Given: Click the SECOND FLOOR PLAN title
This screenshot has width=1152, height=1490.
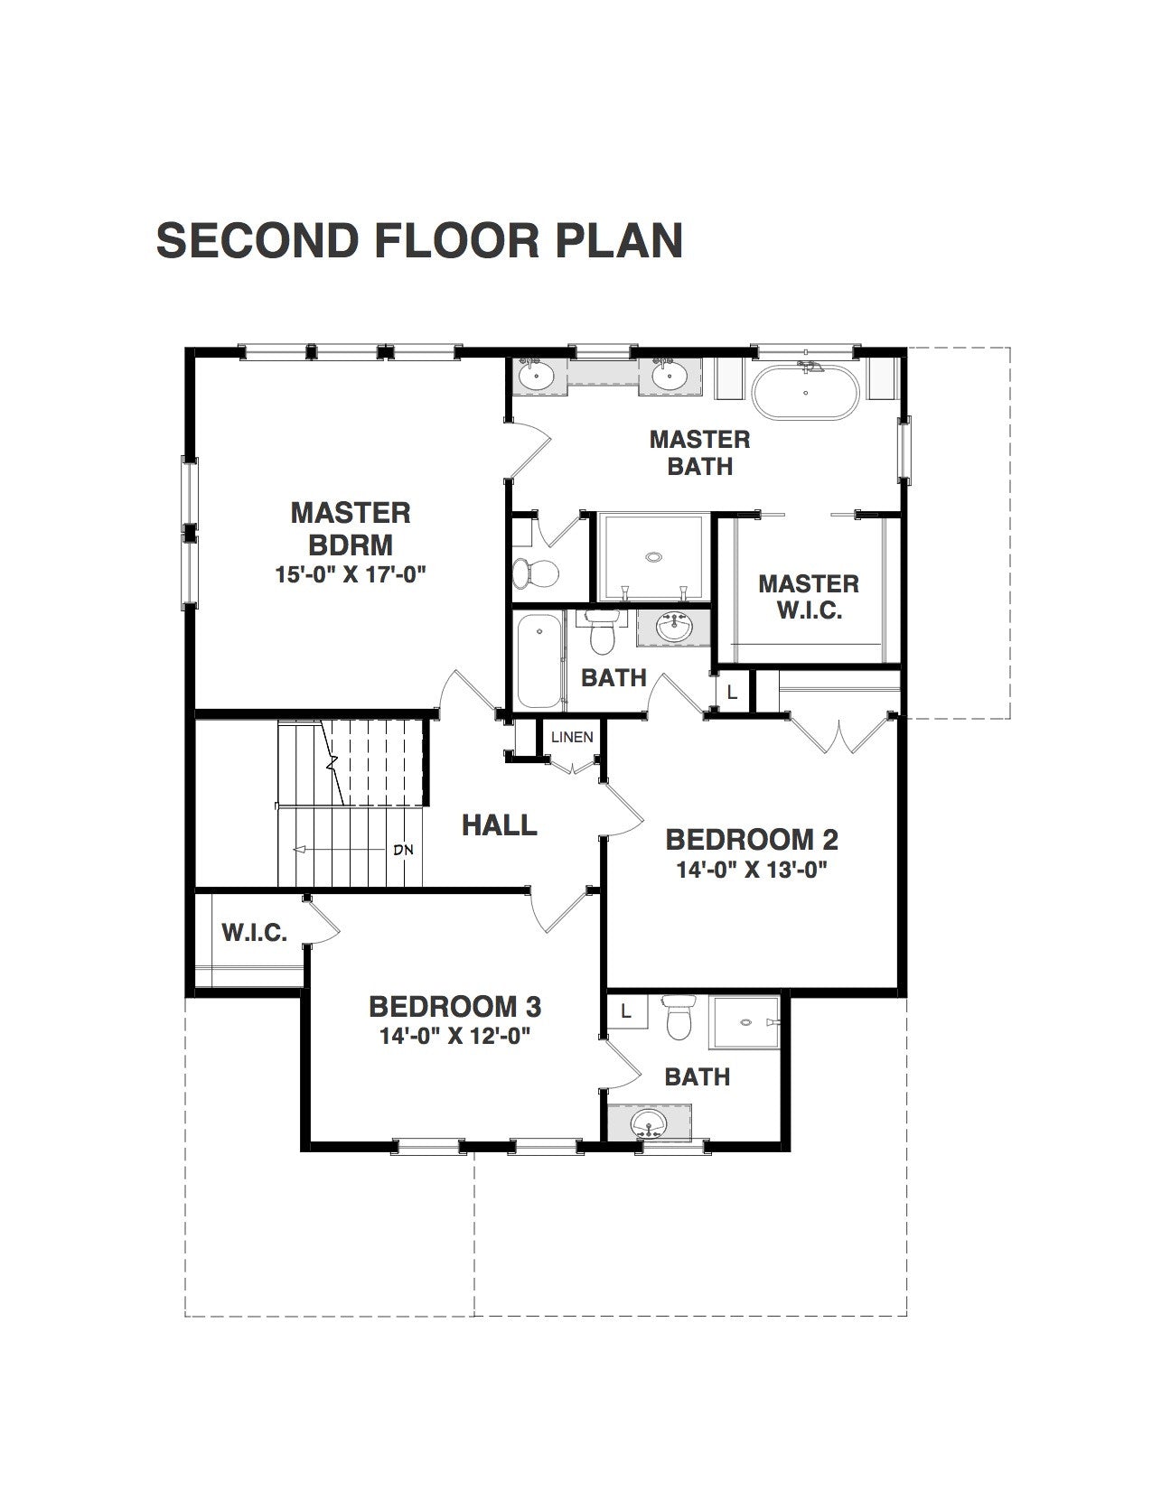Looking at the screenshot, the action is click(419, 241).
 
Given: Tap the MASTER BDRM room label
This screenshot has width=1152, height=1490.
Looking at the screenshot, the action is click(351, 528).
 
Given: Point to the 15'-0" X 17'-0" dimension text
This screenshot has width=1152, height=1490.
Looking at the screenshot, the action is click(351, 574).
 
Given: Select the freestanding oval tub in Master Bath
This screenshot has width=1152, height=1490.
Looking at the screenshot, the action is click(805, 392).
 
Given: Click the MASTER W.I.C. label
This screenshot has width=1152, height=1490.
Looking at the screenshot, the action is click(809, 597).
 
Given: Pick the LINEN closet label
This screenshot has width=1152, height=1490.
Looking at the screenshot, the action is click(572, 737).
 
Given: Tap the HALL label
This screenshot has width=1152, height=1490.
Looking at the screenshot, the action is click(500, 824).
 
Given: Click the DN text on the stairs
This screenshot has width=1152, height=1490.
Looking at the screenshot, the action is click(404, 851).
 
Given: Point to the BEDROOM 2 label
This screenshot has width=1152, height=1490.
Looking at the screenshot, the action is click(752, 839).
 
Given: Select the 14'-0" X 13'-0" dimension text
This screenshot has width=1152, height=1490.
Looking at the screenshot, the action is click(752, 870).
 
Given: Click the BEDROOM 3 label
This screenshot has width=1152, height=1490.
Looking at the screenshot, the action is click(454, 1007).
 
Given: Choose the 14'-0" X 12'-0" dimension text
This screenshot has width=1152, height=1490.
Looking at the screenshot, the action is click(456, 1036).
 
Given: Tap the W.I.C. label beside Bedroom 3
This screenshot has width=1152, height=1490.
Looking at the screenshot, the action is click(254, 933).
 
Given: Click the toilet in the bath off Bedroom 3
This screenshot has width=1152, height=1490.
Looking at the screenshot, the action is click(680, 1019).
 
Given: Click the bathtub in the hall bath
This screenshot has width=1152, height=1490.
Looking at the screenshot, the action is click(539, 661).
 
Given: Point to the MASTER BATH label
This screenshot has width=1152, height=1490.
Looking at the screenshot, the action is click(700, 452).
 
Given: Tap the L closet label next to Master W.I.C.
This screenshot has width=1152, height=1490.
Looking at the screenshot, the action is click(732, 694).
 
